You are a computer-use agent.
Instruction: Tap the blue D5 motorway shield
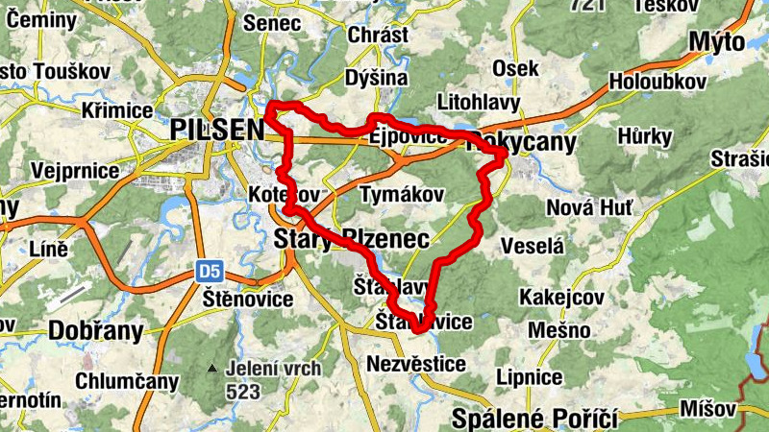[x=211, y=273]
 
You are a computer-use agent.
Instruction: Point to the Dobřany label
[x=95, y=331]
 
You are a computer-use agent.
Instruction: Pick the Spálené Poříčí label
[x=534, y=419]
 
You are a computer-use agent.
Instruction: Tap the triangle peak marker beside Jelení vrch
[x=211, y=368]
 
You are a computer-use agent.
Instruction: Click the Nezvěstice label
[x=415, y=364]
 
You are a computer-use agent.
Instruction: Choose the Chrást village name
[x=379, y=35]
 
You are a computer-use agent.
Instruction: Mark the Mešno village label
[x=558, y=330]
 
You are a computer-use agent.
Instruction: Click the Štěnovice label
[x=248, y=300]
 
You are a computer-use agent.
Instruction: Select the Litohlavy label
[x=478, y=102]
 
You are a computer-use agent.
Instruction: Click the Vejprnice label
[x=75, y=171]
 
